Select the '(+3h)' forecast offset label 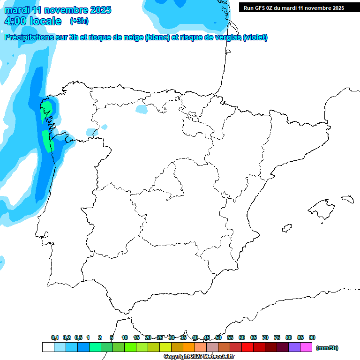pyautogui.click(x=79, y=21)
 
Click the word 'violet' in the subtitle pyautogui.click(x=255, y=37)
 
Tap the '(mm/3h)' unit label pyautogui.click(x=327, y=347)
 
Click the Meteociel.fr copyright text pyautogui.click(x=199, y=357)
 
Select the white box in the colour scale pyautogui.click(x=48, y=347)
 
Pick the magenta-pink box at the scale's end pyautogui.click(x=306, y=347)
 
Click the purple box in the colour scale pyautogui.click(x=294, y=347)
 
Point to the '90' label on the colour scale pyautogui.click(x=312, y=337)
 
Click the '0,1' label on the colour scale pyautogui.click(x=55, y=337)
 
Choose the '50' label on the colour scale pyautogui.click(x=218, y=337)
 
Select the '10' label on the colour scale pyautogui.click(x=125, y=337)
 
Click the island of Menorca pyautogui.click(x=347, y=199)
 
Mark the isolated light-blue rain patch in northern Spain pyautogui.click(x=141, y=109)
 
